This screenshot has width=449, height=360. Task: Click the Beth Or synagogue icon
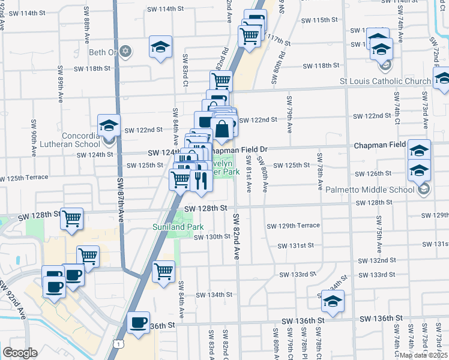[x=125, y=50]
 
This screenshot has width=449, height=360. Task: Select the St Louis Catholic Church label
[x=385, y=81]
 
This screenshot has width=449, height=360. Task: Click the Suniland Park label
[x=177, y=227]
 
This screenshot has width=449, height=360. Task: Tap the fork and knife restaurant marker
[x=200, y=179]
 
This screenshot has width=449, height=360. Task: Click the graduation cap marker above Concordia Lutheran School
[x=109, y=125]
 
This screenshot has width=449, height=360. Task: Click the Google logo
[x=20, y=353]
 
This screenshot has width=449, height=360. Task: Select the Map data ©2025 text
[x=423, y=355]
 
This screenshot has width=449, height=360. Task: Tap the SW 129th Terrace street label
[x=293, y=226]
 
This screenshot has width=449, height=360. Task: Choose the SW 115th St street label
[x=319, y=20]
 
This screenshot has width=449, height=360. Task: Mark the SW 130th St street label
[x=212, y=236]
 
